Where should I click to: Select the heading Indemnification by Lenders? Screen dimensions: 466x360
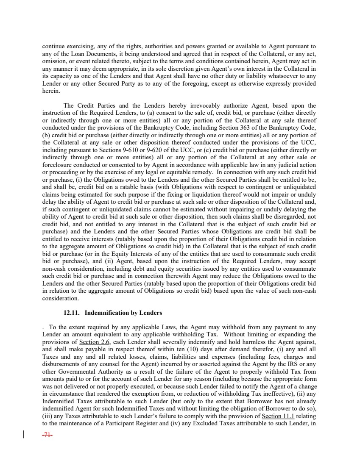[x=123, y=313]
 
